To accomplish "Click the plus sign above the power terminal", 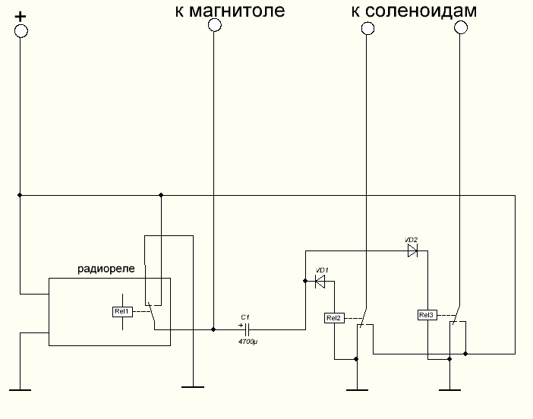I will pyautogui.click(x=20, y=15).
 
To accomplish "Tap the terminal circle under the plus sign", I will pyautogui.click(x=20, y=30).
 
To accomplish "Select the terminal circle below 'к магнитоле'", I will pyautogui.click(x=214, y=25).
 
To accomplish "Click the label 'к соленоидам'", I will pyautogui.click(x=414, y=11).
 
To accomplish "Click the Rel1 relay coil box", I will pyautogui.click(x=122, y=311).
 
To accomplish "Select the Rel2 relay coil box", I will pyautogui.click(x=334, y=318).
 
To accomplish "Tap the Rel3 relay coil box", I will pyautogui.click(x=427, y=315).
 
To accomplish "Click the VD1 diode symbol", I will pyautogui.click(x=320, y=282).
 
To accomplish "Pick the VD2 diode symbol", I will pyautogui.click(x=412, y=250).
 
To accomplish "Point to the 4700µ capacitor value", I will pyautogui.click(x=248, y=343).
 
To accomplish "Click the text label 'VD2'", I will pyautogui.click(x=412, y=238).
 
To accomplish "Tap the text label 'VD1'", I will pyautogui.click(x=321, y=270).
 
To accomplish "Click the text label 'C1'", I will pyautogui.click(x=244, y=317).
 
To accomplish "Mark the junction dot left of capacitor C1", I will pyautogui.click(x=213, y=329).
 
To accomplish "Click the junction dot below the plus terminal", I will pyautogui.click(x=20, y=195).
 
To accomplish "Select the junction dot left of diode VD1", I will pyautogui.click(x=304, y=282).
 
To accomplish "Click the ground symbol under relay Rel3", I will pyautogui.click(x=449, y=391).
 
